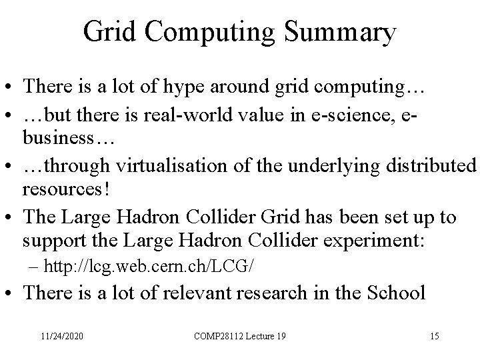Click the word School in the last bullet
[394, 294]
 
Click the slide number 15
[434, 337]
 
